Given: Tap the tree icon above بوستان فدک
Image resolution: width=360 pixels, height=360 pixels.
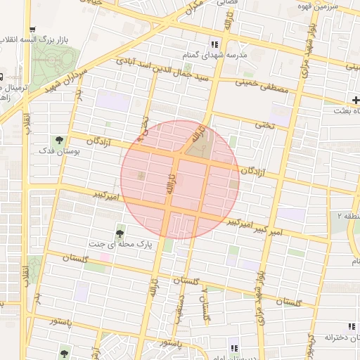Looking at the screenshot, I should pyautogui.click(x=59, y=139).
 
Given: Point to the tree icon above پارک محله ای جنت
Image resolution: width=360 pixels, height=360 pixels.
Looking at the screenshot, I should pyautogui.click(x=120, y=231).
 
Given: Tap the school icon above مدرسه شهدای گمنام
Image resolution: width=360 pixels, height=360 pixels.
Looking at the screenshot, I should pyautogui.click(x=213, y=44).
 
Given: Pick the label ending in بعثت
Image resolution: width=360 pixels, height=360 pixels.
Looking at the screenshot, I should pyautogui.click(x=345, y=111).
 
